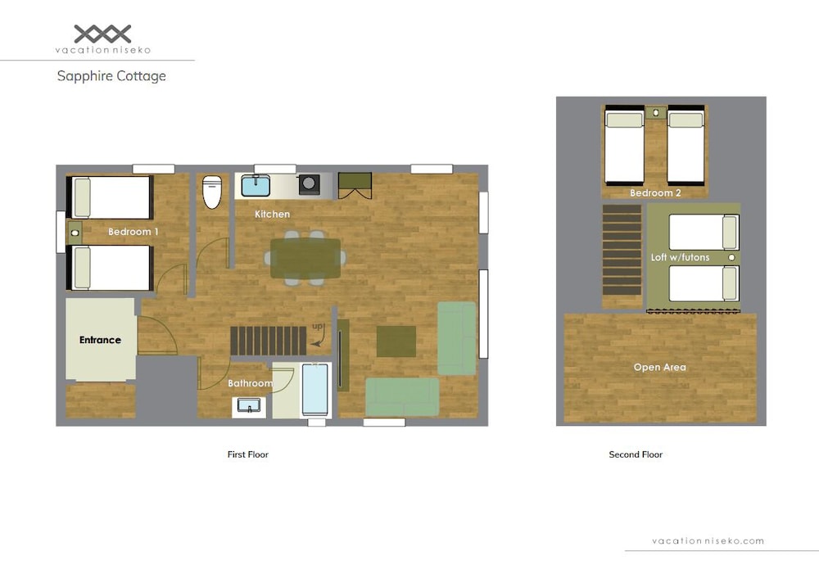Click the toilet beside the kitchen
click(x=212, y=192)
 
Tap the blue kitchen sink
click(x=256, y=185)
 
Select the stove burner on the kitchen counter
click(x=310, y=184)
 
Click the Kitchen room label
click(x=272, y=215)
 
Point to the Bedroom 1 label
click(x=133, y=232)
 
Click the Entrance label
click(x=100, y=340)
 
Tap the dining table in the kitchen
click(x=305, y=258)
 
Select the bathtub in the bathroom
click(x=315, y=390)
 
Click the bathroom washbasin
click(x=249, y=406)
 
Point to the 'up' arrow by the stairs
click(x=319, y=335)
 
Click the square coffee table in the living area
click(x=396, y=341)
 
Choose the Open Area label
click(x=659, y=367)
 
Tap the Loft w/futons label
click(x=680, y=257)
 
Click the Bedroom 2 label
click(x=655, y=192)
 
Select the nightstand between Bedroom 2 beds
click(x=655, y=112)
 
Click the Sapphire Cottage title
click(x=111, y=76)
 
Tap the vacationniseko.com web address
click(x=708, y=541)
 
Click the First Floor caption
click(x=247, y=454)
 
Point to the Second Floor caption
click(x=636, y=454)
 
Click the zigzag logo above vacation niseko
click(x=102, y=34)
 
